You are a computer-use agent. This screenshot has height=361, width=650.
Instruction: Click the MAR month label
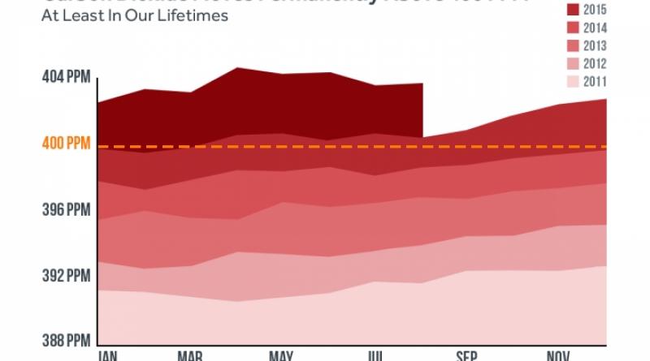pyautogui.click(x=191, y=356)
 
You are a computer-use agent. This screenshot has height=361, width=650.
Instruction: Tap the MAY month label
pyautogui.click(x=280, y=356)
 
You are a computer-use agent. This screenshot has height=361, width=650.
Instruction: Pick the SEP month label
pyautogui.click(x=466, y=356)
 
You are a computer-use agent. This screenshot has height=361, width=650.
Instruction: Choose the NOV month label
pyautogui.click(x=557, y=356)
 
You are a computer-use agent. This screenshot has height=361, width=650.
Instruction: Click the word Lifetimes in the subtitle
pyautogui.click(x=195, y=17)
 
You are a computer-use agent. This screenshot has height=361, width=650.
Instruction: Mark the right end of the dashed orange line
pyautogui.click(x=606, y=147)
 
